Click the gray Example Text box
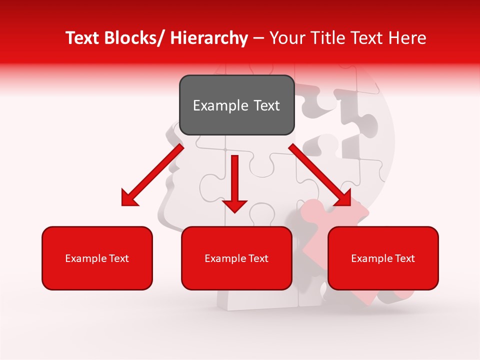[236, 105]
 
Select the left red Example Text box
[97, 258]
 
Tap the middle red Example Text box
[236, 258]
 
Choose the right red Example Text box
[383, 258]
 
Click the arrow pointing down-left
[152, 175]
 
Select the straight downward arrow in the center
[235, 182]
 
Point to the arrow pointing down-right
[320, 175]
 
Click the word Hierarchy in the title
[209, 38]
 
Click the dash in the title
[258, 38]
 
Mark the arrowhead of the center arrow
[235, 205]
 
